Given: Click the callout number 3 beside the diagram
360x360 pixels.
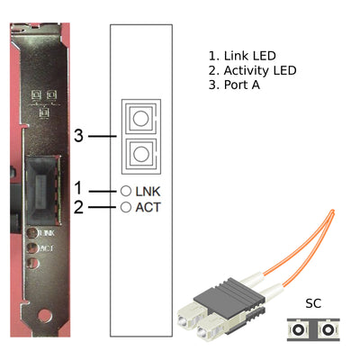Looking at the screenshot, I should tap(78, 137).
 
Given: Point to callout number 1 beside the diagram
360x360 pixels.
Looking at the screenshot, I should tap(78, 189).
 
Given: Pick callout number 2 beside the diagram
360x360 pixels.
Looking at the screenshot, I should tap(78, 207).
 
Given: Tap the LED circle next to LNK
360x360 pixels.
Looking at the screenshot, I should tap(126, 191).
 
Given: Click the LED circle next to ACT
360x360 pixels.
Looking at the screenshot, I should tap(126, 207).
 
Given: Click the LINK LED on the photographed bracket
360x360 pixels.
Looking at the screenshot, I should tap(33, 231).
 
